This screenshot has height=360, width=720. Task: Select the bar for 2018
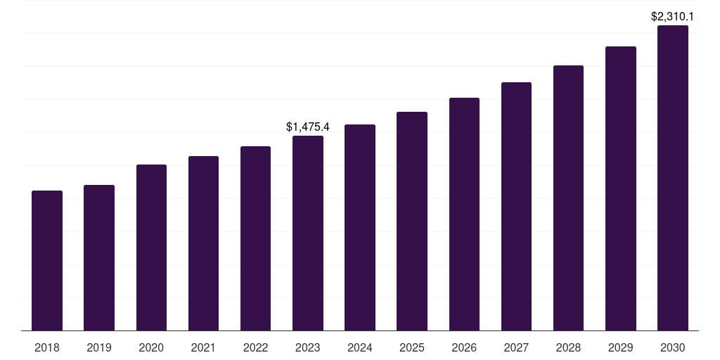click(47, 260)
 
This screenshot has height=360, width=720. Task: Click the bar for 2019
click(99, 257)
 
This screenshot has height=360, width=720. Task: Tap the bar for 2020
click(151, 247)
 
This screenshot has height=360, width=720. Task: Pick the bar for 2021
click(203, 243)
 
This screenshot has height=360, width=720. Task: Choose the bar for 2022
click(255, 238)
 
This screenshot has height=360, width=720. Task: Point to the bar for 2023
click(308, 233)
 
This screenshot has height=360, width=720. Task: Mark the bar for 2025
click(412, 221)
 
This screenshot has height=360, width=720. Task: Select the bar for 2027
click(516, 206)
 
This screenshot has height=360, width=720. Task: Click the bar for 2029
click(620, 188)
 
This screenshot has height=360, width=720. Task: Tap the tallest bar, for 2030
click(673, 178)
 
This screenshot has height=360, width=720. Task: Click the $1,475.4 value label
click(308, 127)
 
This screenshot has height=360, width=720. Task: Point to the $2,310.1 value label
click(673, 16)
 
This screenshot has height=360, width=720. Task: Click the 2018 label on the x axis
click(47, 347)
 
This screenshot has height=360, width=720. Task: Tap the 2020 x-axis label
click(151, 347)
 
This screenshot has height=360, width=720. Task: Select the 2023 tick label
click(308, 347)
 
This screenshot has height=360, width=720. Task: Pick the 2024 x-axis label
click(360, 347)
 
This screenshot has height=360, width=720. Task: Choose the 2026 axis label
click(464, 347)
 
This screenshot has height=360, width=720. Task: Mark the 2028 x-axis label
click(568, 347)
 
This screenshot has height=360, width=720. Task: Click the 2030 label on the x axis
click(673, 347)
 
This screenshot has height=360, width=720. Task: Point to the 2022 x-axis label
click(255, 347)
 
